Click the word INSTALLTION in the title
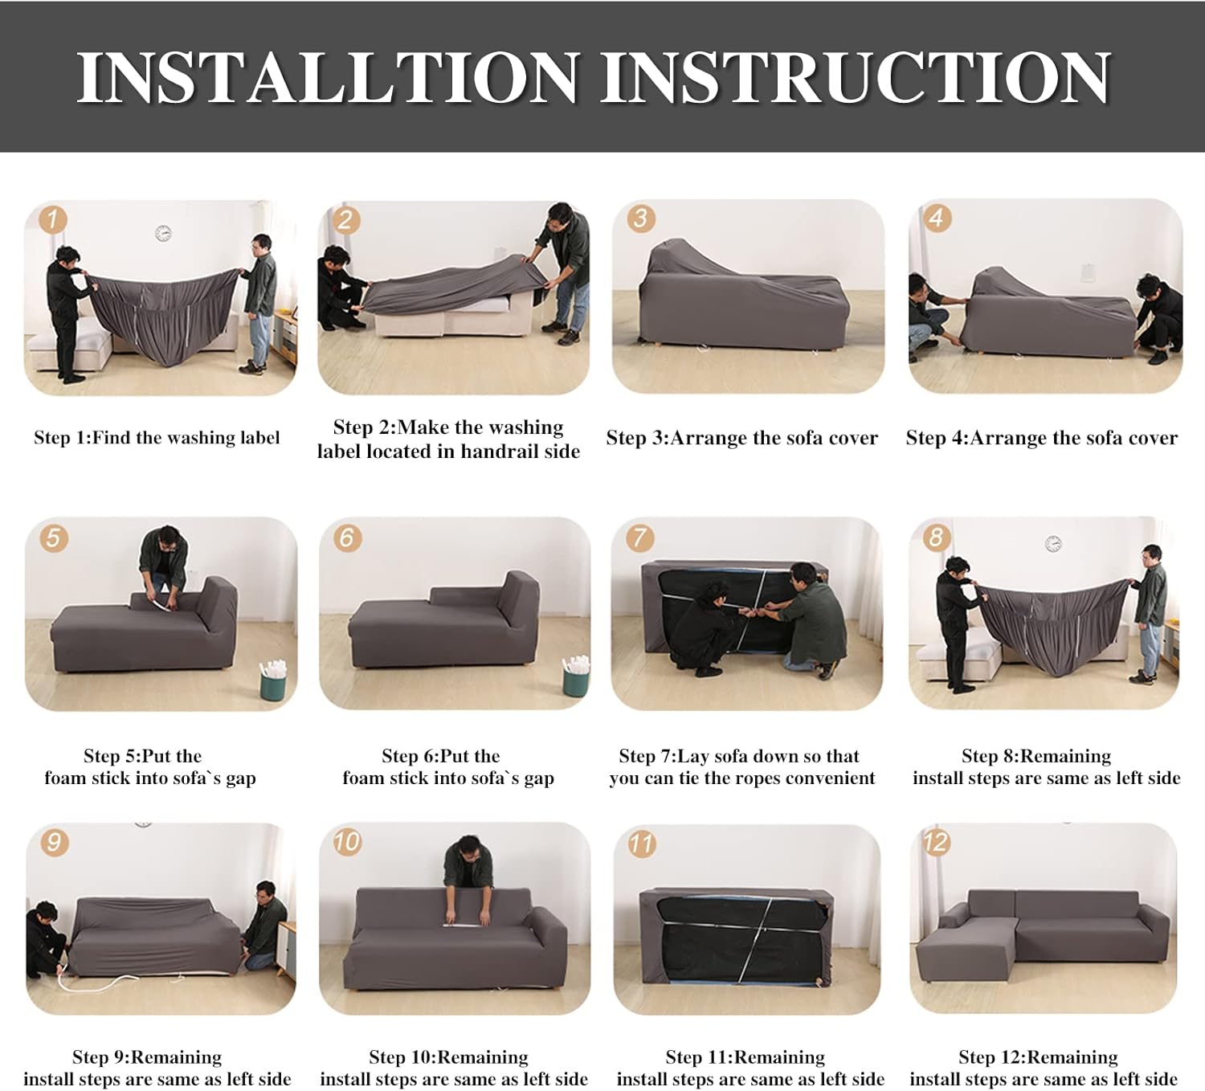tap(328, 77)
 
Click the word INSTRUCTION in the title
tap(856, 77)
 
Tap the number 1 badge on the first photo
tap(53, 219)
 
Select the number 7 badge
tap(639, 537)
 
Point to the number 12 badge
tap(936, 842)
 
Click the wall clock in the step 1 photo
tap(163, 234)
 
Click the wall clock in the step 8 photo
tap(1053, 544)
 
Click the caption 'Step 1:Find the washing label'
tap(157, 438)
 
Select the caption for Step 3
tap(741, 438)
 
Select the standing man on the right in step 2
tap(566, 265)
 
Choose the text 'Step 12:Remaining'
tap(1038, 1057)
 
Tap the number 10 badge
tap(347, 842)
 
